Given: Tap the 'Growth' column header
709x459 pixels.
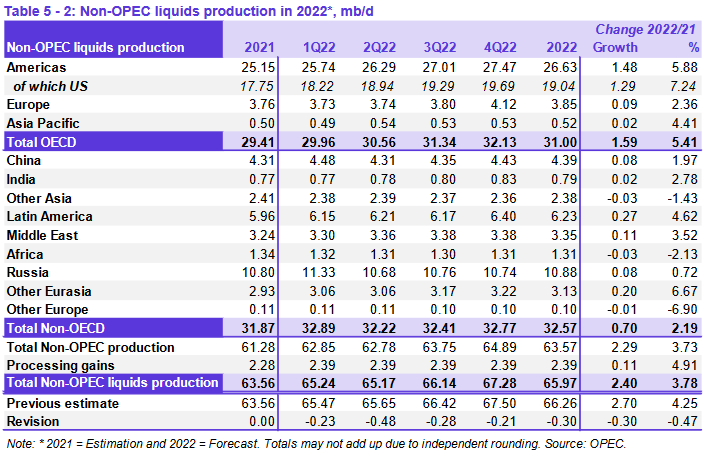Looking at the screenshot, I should pos(616,48).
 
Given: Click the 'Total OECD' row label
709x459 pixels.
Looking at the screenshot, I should pos(43,143).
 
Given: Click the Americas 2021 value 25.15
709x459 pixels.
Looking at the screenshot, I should pos(260,67).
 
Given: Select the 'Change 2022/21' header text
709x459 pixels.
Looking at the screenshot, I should pos(649,30).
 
